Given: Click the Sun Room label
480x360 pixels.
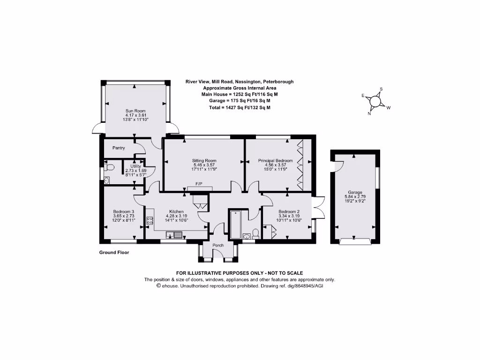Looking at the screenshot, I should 135,111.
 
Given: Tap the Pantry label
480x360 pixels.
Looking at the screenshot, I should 119,148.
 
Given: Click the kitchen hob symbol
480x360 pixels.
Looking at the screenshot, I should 150,221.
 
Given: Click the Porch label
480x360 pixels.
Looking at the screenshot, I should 218,245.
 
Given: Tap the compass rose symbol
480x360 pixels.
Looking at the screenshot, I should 375,101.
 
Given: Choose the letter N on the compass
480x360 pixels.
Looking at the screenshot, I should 369,113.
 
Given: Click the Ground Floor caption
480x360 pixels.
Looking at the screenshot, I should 114,253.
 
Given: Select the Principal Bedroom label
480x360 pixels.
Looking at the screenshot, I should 275,160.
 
